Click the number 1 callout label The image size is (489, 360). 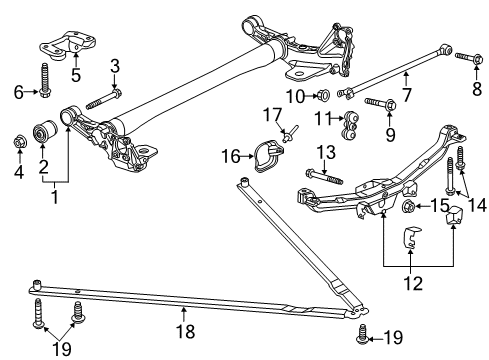click(x=54, y=197)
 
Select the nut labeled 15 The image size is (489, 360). click(x=410, y=208)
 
